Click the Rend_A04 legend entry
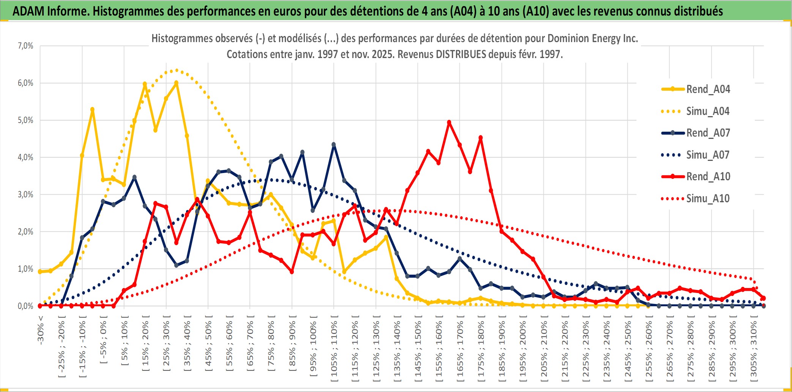click(x=708, y=89)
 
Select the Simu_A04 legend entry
click(x=708, y=111)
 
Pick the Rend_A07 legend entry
click(x=708, y=133)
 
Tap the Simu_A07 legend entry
click(x=708, y=155)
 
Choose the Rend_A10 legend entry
click(x=708, y=176)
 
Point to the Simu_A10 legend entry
click(x=708, y=198)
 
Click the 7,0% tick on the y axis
click(x=25, y=46)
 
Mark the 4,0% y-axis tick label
click(x=25, y=157)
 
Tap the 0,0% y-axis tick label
click(x=25, y=306)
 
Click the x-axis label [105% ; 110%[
click(x=334, y=349)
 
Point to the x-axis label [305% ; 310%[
click(x=754, y=349)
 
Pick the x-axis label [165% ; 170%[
click(x=460, y=349)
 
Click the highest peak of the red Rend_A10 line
click(x=449, y=122)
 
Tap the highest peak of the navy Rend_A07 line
click(x=334, y=145)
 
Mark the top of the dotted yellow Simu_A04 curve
click(x=176, y=70)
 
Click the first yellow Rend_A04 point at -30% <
click(x=40, y=271)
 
